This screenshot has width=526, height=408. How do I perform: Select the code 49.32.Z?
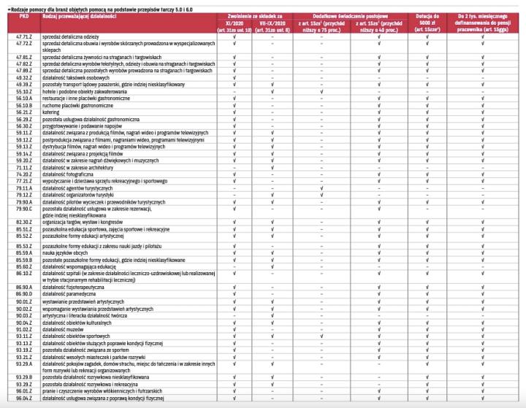pos(23,77)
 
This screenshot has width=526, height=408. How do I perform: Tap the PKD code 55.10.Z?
pos(23,91)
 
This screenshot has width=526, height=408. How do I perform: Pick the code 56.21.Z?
pos(23,112)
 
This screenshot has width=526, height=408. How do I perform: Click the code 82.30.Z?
pos(23,222)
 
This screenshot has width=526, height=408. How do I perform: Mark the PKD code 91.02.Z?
pos(23,328)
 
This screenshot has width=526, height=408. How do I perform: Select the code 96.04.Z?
pos(23,398)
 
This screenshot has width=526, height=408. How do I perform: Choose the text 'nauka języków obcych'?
pos(65,253)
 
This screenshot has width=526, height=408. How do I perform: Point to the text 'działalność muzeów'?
pos(64,328)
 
